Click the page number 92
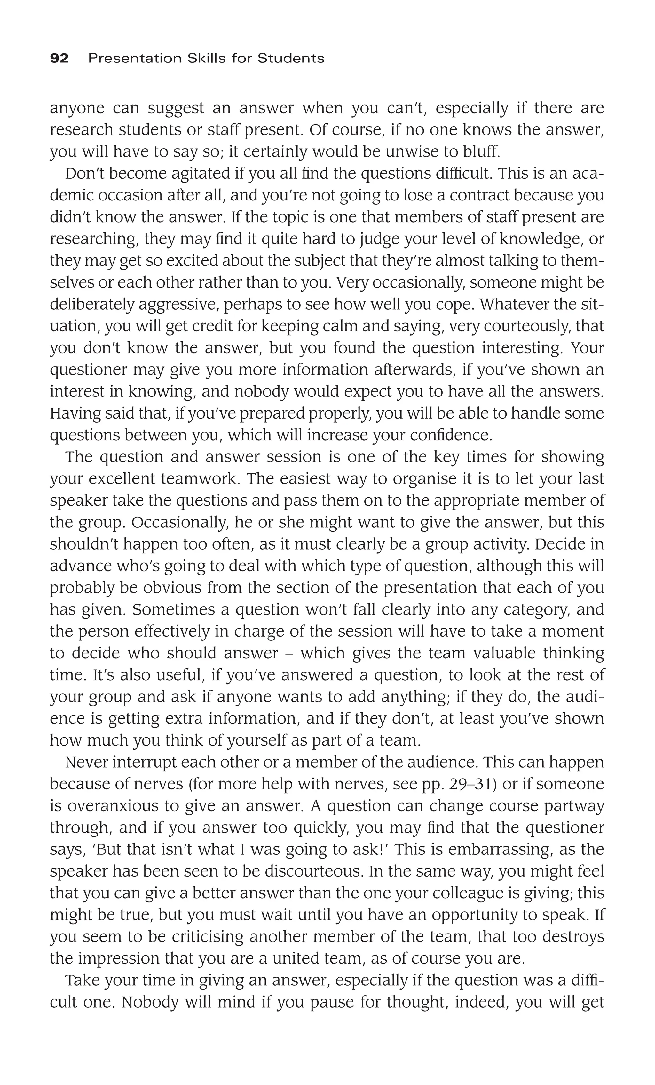click(59, 59)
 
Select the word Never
click(86, 762)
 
